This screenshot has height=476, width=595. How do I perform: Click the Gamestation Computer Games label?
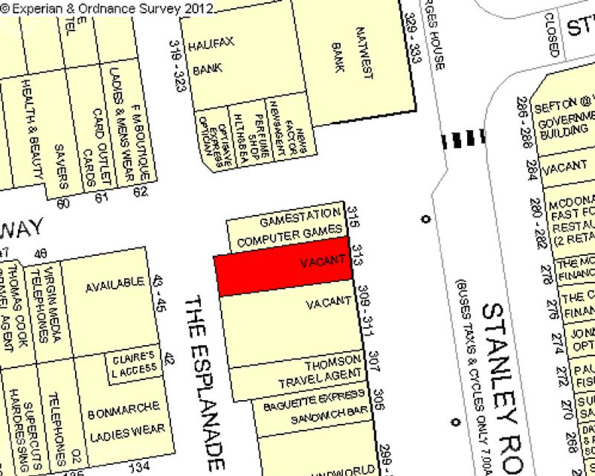[x=291, y=231]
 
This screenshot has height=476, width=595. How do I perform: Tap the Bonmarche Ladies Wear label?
[x=125, y=420]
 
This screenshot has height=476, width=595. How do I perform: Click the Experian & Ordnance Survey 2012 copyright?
[x=107, y=8]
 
